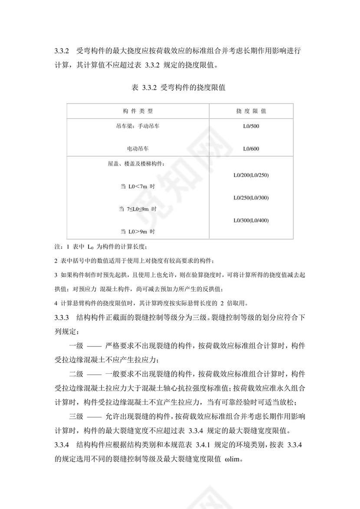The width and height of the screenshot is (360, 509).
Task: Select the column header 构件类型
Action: click(x=138, y=111)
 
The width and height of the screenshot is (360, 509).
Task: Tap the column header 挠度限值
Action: click(x=251, y=111)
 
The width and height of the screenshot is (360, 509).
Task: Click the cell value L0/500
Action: click(x=251, y=127)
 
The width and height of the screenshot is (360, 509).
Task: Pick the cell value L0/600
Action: click(x=251, y=149)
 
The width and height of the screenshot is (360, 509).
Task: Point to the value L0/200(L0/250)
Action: click(x=251, y=175)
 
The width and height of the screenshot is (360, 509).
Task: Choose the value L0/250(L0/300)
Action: click(x=251, y=198)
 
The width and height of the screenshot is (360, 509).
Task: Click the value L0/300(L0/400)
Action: click(x=251, y=220)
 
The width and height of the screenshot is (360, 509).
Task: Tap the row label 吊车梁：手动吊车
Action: click(x=138, y=127)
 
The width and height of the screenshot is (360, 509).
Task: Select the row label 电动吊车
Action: click(x=138, y=149)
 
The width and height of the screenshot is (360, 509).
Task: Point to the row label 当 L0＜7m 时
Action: click(x=138, y=186)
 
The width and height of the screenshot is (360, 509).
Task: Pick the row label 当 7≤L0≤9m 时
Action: click(x=138, y=209)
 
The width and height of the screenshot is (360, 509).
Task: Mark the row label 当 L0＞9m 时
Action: click(x=138, y=232)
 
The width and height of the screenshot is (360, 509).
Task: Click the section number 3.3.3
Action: click(x=62, y=317)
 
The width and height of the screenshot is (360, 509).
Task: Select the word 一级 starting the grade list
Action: click(x=76, y=346)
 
